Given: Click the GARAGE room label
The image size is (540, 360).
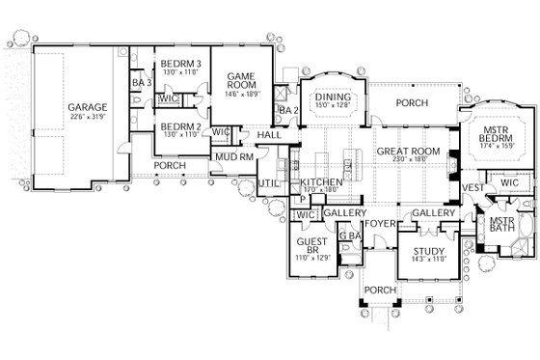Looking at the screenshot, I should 87,107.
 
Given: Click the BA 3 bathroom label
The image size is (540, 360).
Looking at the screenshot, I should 138,84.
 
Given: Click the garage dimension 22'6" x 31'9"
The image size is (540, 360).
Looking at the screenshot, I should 87,118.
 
